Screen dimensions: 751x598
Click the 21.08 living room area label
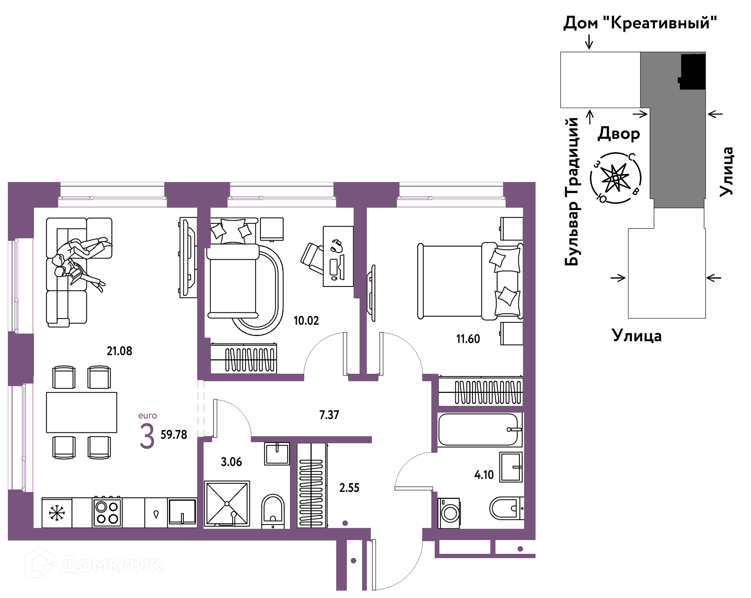point(119,351)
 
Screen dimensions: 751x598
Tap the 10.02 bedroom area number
point(306,321)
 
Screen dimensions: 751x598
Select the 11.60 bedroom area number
point(468,339)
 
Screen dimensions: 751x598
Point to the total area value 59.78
point(174,434)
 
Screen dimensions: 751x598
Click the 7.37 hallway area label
point(329,414)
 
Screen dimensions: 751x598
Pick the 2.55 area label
point(349,488)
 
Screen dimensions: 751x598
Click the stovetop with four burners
point(107,512)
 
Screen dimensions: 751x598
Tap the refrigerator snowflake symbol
point(57,513)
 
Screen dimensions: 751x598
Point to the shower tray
point(227,503)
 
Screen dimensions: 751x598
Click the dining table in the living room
point(81,412)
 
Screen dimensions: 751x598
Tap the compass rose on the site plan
point(616,178)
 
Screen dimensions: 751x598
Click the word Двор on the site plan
point(619,133)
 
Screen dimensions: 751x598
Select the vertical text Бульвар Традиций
point(571,192)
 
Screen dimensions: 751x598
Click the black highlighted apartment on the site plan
point(693,72)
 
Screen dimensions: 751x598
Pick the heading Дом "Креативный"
point(640,23)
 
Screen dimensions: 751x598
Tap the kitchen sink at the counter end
point(182,512)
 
